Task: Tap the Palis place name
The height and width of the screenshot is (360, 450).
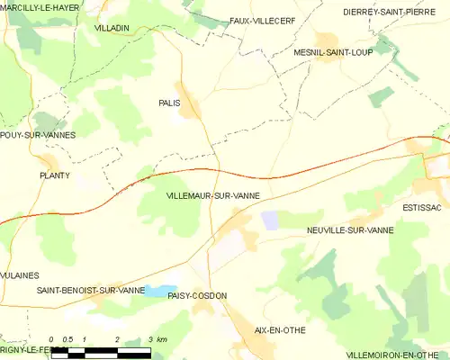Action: tap(169, 103)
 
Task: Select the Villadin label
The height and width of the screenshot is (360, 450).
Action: tap(112, 28)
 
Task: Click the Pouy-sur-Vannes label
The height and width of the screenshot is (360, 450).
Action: tap(38, 135)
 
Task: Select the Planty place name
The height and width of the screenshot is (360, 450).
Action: tap(54, 175)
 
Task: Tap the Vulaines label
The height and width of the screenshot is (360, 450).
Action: tap(21, 275)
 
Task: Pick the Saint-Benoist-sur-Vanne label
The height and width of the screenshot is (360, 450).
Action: tap(90, 290)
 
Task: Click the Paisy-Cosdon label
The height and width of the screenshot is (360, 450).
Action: tap(197, 295)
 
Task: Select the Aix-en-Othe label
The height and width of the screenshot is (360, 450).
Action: tap(280, 330)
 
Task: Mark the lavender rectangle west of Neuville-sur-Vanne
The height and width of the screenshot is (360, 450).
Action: tap(270, 219)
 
